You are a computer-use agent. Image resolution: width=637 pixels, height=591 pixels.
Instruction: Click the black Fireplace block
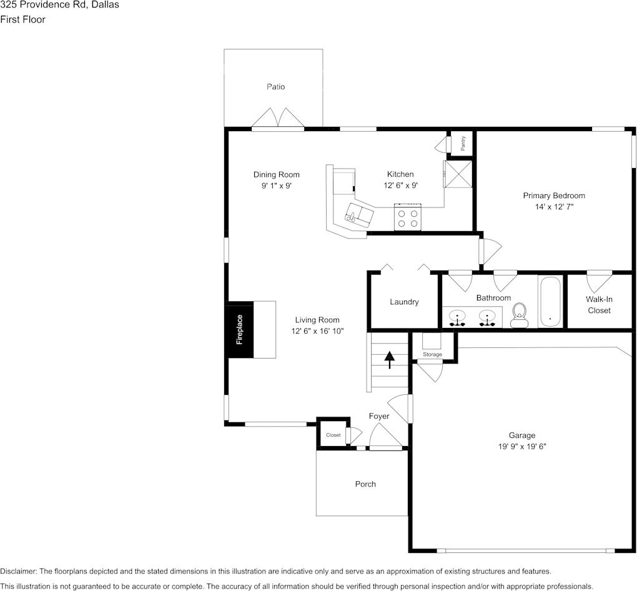click(x=239, y=329)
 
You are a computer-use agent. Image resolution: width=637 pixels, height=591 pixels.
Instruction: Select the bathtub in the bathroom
click(x=550, y=302)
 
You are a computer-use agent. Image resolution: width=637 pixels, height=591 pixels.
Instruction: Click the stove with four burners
click(x=408, y=218)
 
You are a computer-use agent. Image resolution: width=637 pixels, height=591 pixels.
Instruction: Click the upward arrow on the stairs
click(x=390, y=360)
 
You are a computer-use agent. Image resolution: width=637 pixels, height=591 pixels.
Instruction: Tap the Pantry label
click(x=463, y=144)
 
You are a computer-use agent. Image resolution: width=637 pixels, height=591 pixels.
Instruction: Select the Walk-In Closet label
click(x=599, y=305)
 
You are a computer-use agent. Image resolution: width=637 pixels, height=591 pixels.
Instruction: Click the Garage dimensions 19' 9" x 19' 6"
click(x=521, y=447)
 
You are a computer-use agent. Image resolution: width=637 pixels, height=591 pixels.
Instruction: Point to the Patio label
click(x=275, y=87)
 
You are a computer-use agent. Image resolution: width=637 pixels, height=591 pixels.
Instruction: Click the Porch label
click(x=365, y=484)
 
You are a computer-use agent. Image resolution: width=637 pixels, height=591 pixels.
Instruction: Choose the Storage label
click(x=432, y=354)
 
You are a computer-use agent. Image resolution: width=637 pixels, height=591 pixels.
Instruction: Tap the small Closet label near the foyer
click(x=333, y=435)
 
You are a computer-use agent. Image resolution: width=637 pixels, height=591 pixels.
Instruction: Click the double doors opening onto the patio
click(x=277, y=119)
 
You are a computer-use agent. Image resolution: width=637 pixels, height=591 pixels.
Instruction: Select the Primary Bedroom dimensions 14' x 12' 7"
click(x=554, y=207)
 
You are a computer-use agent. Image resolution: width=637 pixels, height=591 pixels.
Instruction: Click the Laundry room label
click(x=404, y=302)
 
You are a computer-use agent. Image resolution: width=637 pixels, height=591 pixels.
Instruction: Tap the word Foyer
click(x=379, y=416)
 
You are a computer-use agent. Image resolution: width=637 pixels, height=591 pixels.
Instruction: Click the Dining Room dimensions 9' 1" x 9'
click(x=276, y=186)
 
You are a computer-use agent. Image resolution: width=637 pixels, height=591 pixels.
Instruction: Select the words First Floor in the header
click(x=22, y=19)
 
